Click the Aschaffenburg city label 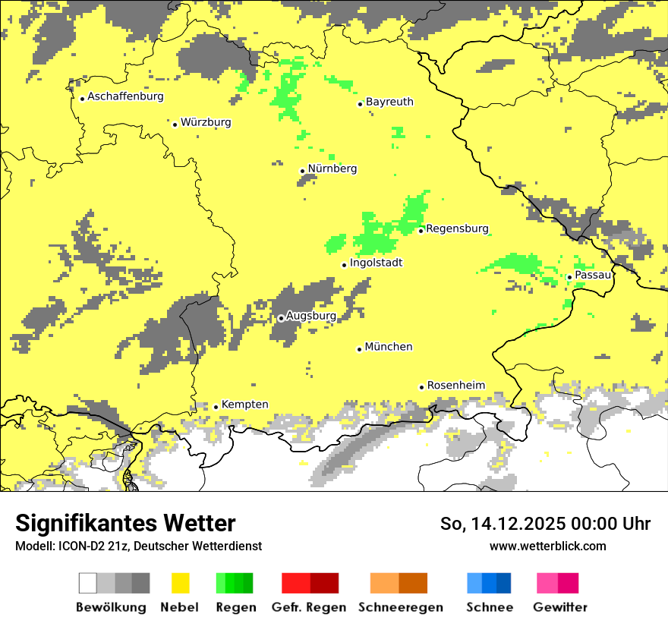125,96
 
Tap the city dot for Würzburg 175,124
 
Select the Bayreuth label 389,102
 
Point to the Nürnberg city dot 302,171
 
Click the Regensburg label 457,228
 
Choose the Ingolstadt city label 376,263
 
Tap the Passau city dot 569,277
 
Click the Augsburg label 310,316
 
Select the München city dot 359,349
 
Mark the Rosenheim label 455,386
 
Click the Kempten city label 244,405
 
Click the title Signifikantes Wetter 125,523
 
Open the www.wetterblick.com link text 547,546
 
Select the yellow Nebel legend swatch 180,583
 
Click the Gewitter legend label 559,607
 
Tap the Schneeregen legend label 401,607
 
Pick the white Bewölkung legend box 88,583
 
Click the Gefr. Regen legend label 308,607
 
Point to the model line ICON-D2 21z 138,546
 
